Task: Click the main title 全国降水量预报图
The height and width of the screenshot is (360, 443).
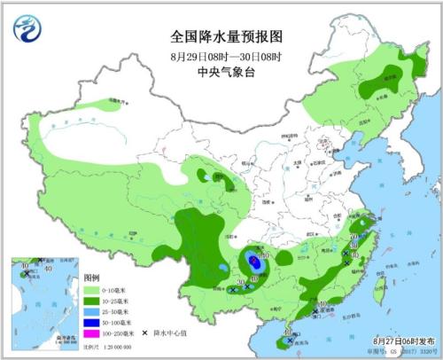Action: [225, 36]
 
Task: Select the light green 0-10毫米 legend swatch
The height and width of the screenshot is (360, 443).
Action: [90, 290]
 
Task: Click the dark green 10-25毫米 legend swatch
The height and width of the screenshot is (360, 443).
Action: [90, 301]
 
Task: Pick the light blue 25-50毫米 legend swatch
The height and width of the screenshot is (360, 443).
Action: [90, 311]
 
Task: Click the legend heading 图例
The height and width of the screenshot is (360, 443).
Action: [91, 278]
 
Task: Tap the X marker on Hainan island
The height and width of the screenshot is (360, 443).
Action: [290, 339]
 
